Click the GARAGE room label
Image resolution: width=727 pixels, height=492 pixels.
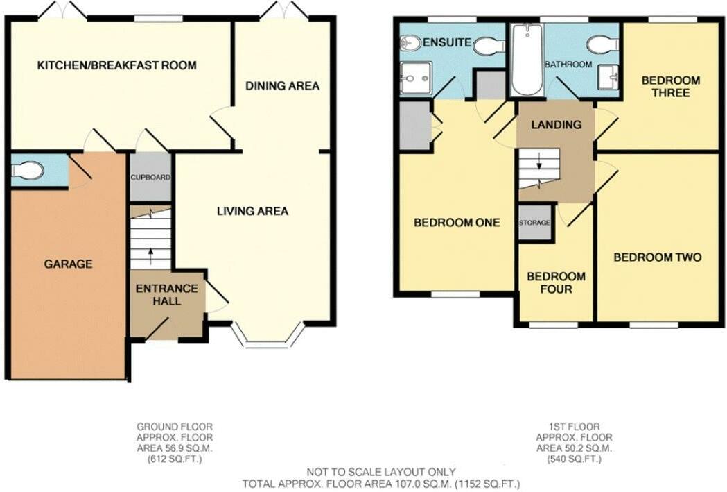[68, 264]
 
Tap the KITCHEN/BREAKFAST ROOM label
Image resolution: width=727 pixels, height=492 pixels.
[116, 65]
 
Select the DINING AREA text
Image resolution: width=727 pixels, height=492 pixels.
[281, 86]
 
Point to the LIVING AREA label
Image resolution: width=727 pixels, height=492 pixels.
[252, 211]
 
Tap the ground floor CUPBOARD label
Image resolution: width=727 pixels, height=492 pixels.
[150, 178]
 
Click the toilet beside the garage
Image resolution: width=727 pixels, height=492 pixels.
[28, 170]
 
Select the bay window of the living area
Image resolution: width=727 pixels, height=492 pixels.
[267, 336]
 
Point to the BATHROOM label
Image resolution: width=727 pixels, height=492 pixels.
[568, 65]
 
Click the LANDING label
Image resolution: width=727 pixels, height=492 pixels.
[556, 125]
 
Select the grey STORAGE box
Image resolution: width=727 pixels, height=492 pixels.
[534, 223]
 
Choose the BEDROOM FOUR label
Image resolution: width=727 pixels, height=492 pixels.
[556, 282]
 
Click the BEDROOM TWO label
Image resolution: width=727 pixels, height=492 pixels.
[657, 257]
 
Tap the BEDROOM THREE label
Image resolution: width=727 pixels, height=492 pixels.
[670, 86]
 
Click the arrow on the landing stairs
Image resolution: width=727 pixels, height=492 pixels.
[538, 167]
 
